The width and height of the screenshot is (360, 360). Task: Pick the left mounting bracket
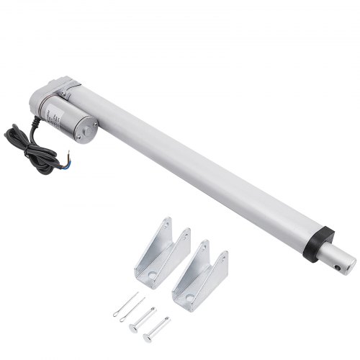(160, 252)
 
